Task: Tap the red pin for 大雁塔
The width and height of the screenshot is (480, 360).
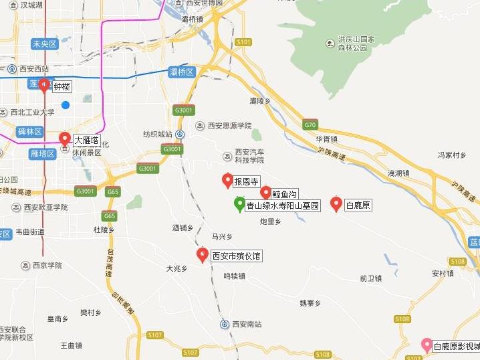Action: click(65, 139)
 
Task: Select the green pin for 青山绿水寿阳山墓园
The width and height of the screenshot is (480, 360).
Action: click(239, 204)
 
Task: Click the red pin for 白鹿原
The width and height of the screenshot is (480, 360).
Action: click(336, 204)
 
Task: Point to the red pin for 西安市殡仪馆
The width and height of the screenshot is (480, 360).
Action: click(202, 255)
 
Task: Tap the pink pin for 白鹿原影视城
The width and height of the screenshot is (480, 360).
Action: click(426, 345)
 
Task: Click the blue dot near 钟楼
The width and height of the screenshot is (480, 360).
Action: click(66, 104)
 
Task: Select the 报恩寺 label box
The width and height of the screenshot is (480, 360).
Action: click(246, 181)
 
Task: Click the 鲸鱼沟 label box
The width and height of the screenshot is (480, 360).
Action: click(284, 194)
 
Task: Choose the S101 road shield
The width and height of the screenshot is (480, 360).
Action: click(244, 42)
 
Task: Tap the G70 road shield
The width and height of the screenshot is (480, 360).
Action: click(310, 124)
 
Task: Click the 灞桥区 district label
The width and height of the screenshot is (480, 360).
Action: click(182, 72)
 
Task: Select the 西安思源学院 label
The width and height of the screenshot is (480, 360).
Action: click(229, 125)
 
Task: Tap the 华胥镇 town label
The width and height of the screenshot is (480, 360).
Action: click(327, 139)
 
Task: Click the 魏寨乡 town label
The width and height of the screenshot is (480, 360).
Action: click(310, 303)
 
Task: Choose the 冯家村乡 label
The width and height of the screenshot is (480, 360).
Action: click(451, 155)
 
